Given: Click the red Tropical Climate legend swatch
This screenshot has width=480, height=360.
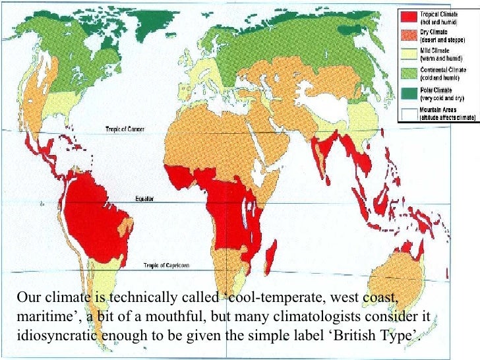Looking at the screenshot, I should click(409, 16).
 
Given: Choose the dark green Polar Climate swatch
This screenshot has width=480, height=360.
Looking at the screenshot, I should click(409, 93).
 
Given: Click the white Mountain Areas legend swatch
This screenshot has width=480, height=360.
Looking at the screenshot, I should click(409, 113).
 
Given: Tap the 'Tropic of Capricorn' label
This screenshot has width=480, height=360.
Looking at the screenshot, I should click(166, 265).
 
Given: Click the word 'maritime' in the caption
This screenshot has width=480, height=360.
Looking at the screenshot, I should click(40, 317).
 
